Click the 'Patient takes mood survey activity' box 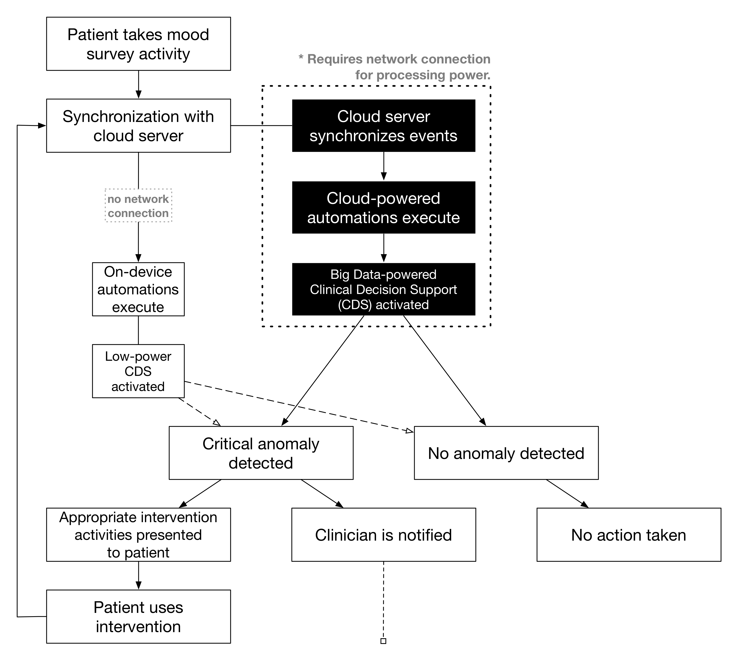pos(138,44)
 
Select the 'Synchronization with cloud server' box pos(138,126)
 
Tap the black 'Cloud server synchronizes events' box pos(384,126)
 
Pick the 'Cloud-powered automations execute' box pos(384,207)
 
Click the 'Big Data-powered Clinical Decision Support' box pos(384,289)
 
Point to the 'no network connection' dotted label pos(138,206)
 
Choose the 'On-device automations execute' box pos(138,289)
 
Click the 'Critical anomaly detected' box pos(261,453)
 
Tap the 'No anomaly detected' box pos(506,453)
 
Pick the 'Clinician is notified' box pos(384,535)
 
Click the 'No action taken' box pos(629,535)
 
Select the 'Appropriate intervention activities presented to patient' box pos(138,535)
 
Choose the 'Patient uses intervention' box pos(138,616)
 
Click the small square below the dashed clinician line pos(383,641)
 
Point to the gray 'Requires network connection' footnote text pos(394,67)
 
